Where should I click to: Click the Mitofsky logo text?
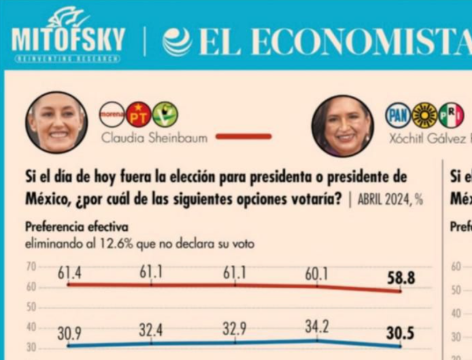coord(68,39)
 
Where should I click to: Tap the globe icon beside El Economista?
coord(177,42)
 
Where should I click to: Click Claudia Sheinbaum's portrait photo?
coord(56,122)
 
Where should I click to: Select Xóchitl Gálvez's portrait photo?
coord(343,126)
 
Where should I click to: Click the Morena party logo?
coord(112,114)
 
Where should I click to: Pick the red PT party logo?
coord(138,114)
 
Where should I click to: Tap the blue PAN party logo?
coord(398,115)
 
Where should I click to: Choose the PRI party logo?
coord(451,115)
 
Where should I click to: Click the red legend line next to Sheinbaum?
coord(243,137)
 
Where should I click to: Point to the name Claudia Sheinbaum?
coord(154,138)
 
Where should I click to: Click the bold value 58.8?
coord(401,279)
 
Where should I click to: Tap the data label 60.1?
coord(316,274)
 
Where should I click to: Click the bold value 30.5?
coord(400,334)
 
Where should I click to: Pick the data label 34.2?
coord(317,327)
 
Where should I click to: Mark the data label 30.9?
coord(69,333)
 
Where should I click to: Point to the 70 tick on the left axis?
coord(31,267)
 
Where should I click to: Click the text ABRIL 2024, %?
coord(390,200)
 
